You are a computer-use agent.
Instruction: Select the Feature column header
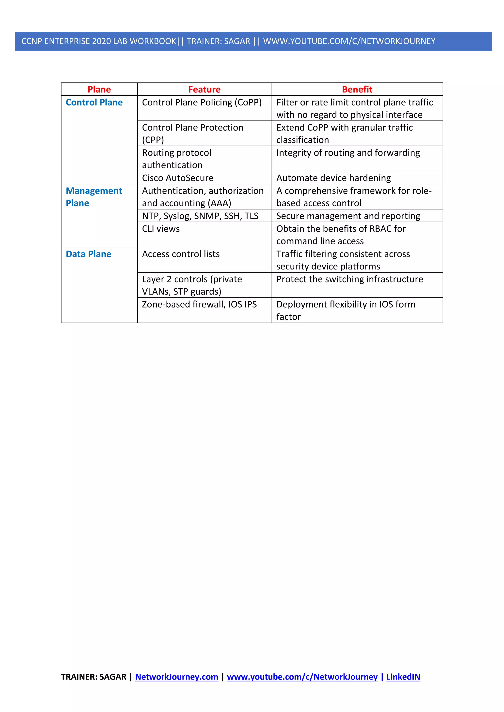click(x=204, y=89)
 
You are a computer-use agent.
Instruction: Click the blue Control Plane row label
click(x=94, y=102)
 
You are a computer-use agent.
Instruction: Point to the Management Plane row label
click(x=94, y=197)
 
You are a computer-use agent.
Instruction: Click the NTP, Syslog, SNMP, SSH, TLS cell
click(x=200, y=216)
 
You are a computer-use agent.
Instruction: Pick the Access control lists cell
click(x=181, y=254)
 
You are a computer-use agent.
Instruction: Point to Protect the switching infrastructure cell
click(x=349, y=279)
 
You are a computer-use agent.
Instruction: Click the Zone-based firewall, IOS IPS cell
click(x=199, y=304)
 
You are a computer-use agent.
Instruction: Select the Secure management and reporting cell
click(x=348, y=216)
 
